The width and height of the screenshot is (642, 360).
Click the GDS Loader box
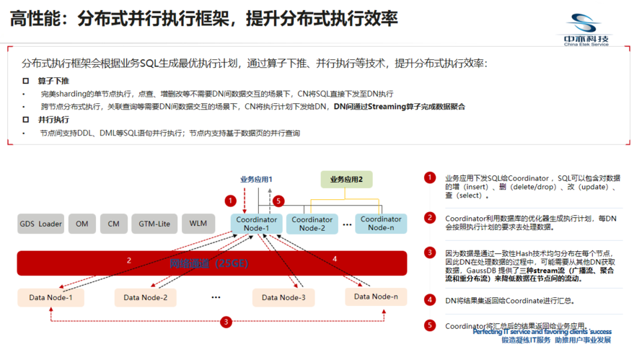[40, 224]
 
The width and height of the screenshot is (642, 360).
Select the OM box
[82, 224]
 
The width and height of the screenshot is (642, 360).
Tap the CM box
[113, 224]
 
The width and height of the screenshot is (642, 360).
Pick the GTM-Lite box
[154, 224]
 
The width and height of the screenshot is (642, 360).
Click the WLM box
[198, 224]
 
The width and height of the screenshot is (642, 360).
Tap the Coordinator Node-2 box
[312, 224]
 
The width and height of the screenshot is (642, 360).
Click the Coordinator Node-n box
[381, 223]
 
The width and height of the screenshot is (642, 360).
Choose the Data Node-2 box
[145, 297]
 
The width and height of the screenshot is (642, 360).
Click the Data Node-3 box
[283, 297]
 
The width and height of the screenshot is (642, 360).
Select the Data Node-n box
[375, 297]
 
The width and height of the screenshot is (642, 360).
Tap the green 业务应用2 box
[346, 179]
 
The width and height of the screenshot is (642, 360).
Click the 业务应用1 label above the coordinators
[256, 178]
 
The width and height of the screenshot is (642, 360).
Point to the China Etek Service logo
[586, 30]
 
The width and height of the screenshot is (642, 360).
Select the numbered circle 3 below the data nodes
[226, 322]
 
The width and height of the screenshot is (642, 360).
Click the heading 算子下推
[53, 80]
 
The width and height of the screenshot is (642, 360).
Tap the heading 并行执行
[53, 120]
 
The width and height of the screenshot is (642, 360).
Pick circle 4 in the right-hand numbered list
[430, 300]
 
